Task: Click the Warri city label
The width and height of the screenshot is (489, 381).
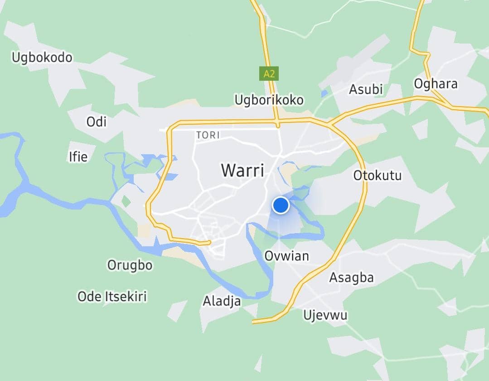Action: (242, 171)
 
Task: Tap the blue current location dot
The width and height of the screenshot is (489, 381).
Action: (281, 205)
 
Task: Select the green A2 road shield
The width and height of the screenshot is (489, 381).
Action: (269, 73)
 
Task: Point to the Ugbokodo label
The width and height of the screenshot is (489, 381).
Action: (42, 58)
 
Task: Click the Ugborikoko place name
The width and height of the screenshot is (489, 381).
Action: (269, 100)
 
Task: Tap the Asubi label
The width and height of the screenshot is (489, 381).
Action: (366, 89)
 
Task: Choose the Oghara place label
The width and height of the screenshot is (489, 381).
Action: (436, 84)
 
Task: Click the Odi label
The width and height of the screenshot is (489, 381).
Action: (96, 122)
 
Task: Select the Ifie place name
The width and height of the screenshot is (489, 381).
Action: (77, 157)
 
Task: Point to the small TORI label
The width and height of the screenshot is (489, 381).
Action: (208, 135)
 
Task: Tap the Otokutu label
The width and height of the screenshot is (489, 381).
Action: (377, 175)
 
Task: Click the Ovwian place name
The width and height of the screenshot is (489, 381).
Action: (286, 256)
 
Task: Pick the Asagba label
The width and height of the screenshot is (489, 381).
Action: (351, 277)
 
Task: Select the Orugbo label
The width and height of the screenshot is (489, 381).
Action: (130, 265)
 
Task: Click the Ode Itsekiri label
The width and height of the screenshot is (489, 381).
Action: (112, 297)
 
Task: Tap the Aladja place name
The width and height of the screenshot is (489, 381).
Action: (222, 301)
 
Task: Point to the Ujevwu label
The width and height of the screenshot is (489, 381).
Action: (325, 315)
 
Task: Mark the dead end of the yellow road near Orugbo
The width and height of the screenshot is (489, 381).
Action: (209, 243)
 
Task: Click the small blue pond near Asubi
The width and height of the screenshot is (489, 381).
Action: (324, 94)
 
